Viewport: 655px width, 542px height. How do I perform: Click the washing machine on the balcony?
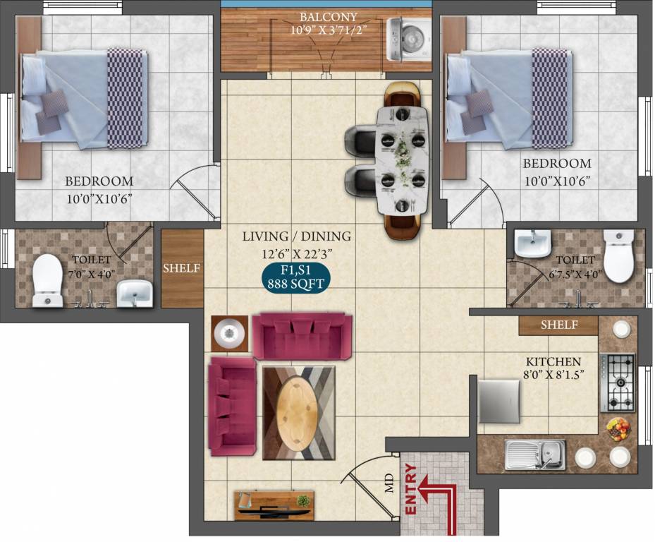tap(409, 40)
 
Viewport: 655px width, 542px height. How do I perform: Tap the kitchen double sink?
tap(535, 454)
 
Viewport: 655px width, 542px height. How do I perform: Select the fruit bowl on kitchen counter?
tap(618, 428)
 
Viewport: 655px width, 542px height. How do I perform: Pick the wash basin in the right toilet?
tap(532, 244)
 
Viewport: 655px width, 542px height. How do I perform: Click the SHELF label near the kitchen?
tap(559, 325)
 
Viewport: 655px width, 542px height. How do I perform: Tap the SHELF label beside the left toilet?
tap(182, 268)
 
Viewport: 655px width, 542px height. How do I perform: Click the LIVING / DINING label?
tap(296, 236)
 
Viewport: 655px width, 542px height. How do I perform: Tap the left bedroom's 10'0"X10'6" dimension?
tap(99, 198)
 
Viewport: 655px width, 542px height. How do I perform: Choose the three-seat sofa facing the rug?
tap(302, 337)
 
